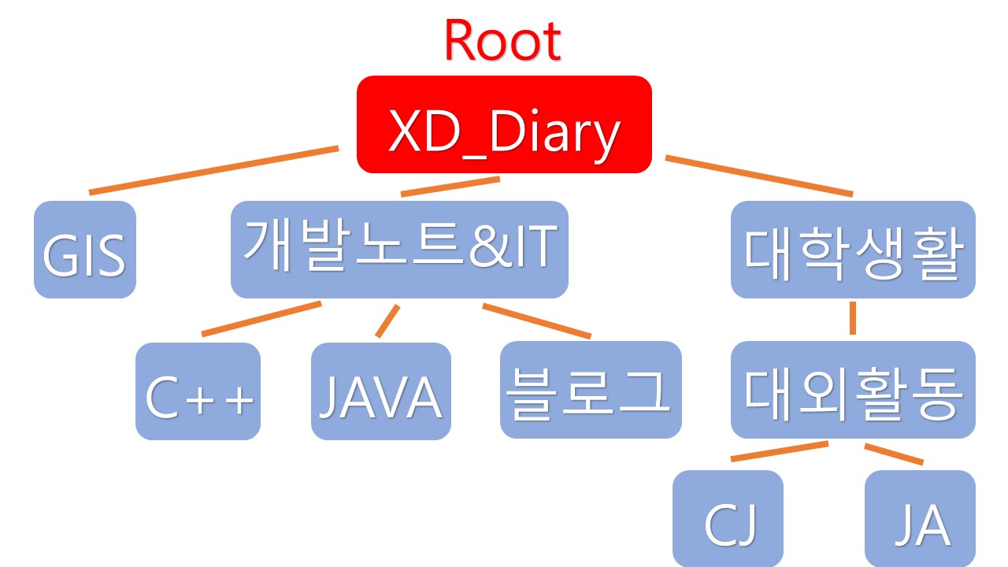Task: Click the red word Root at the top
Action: coord(502,41)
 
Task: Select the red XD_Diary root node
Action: coord(504,124)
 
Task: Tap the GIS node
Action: coord(85,250)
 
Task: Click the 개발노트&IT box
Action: coord(399,250)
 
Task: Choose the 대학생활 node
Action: coord(853,250)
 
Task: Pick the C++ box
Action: coord(198,391)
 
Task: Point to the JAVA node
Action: coord(381,391)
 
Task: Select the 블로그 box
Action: coord(591,390)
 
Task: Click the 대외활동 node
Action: coord(853,390)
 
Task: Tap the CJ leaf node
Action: coord(728,520)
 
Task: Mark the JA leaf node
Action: coord(920,520)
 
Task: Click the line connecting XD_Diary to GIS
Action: coord(213,169)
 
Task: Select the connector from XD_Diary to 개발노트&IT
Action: coord(450,186)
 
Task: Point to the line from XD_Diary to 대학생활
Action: coord(759,176)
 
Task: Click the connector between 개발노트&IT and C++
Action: coord(261,319)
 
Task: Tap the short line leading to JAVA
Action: coord(387,321)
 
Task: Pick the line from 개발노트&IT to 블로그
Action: coord(536,321)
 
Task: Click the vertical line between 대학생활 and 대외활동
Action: coord(853,317)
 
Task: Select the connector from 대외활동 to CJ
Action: coord(780,451)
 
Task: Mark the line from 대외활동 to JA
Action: coord(894,454)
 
